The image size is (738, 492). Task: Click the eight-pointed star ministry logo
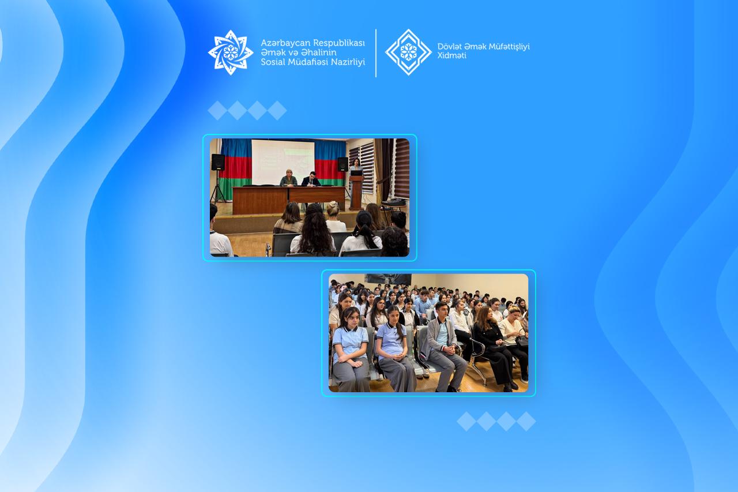(x=231, y=52)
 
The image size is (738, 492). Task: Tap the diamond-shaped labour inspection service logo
(x=408, y=52)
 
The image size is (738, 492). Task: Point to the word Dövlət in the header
(x=449, y=47)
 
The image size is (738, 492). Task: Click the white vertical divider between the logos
(x=376, y=53)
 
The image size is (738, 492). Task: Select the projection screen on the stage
(x=283, y=162)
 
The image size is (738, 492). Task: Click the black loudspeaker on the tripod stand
(x=218, y=162)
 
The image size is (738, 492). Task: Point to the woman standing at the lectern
(x=356, y=167)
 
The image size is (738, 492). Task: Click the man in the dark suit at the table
(x=311, y=179)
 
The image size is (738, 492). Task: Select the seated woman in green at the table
(x=289, y=178)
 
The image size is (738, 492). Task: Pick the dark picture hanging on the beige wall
(x=388, y=279)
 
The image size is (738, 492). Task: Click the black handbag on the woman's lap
(x=522, y=341)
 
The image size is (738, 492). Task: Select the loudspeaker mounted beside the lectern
(x=342, y=164)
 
